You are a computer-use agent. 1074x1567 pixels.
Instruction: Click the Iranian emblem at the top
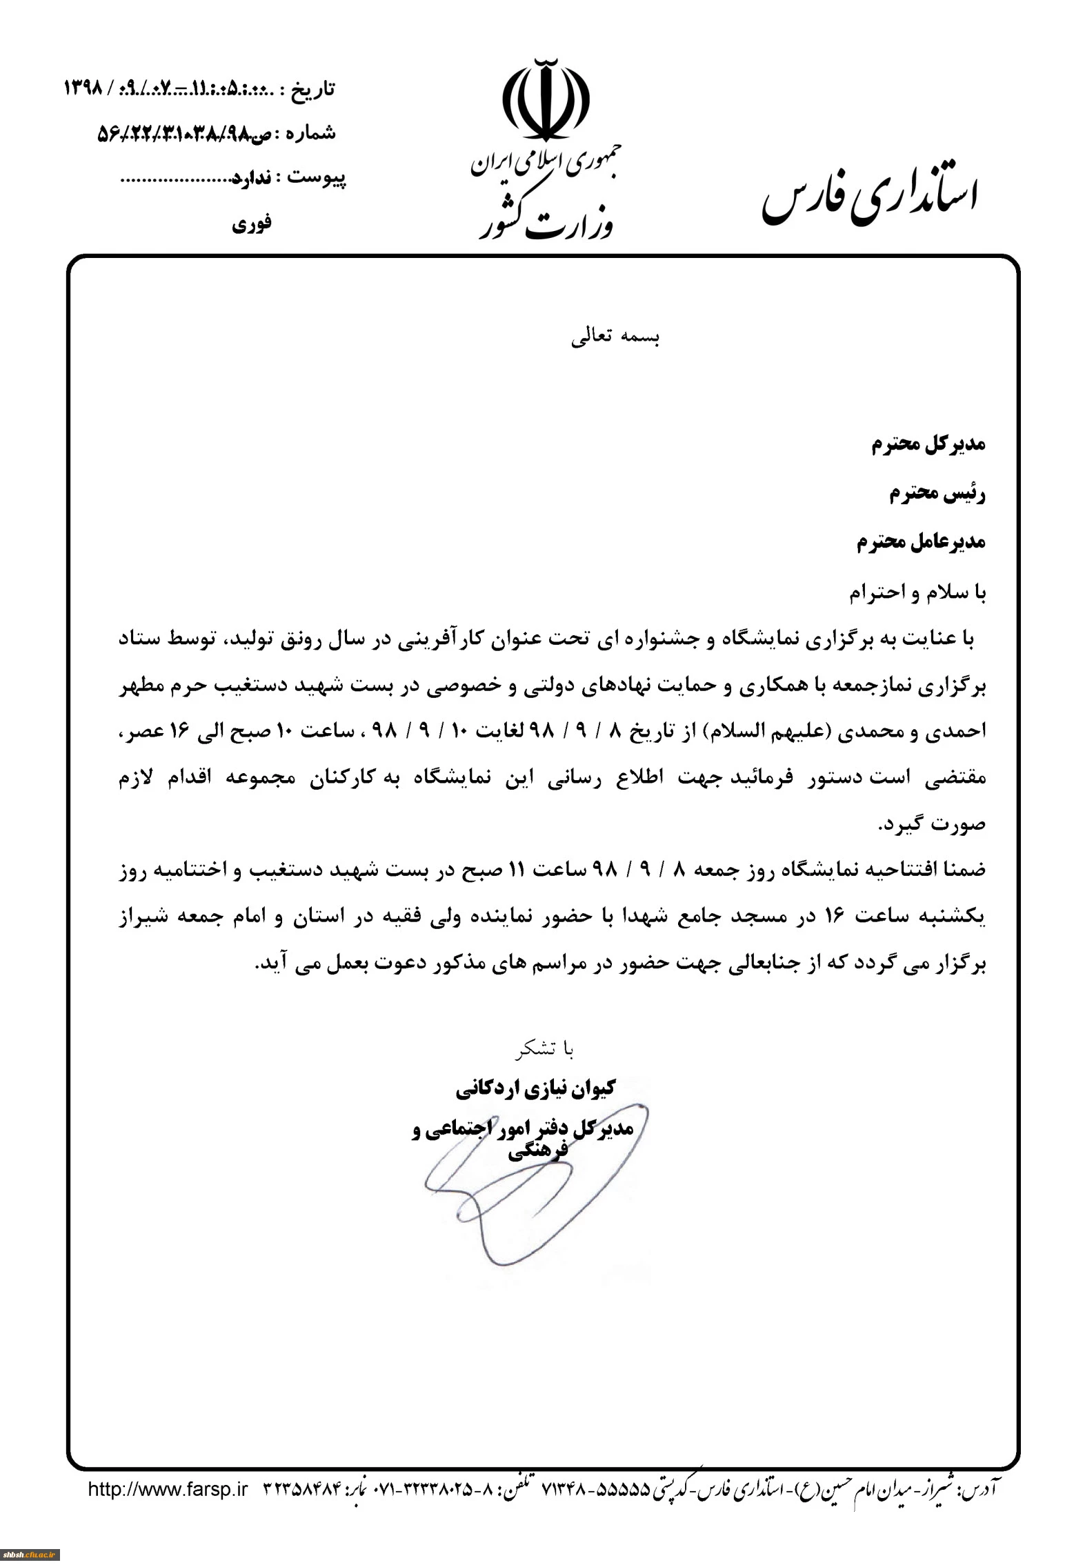point(546,101)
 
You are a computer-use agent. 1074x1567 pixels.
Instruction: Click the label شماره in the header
point(310,132)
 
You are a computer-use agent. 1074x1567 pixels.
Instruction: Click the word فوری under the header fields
point(252,223)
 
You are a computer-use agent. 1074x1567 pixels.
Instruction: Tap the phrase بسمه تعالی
point(615,339)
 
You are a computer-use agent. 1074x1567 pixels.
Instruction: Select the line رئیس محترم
point(937,494)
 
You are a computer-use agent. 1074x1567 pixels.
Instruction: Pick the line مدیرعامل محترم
point(921,542)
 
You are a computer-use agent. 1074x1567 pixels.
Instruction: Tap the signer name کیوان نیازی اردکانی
point(535,1089)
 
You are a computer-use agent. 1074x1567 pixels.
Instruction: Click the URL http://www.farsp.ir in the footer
point(168,1489)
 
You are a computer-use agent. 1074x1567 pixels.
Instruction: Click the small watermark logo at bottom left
point(30,1555)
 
